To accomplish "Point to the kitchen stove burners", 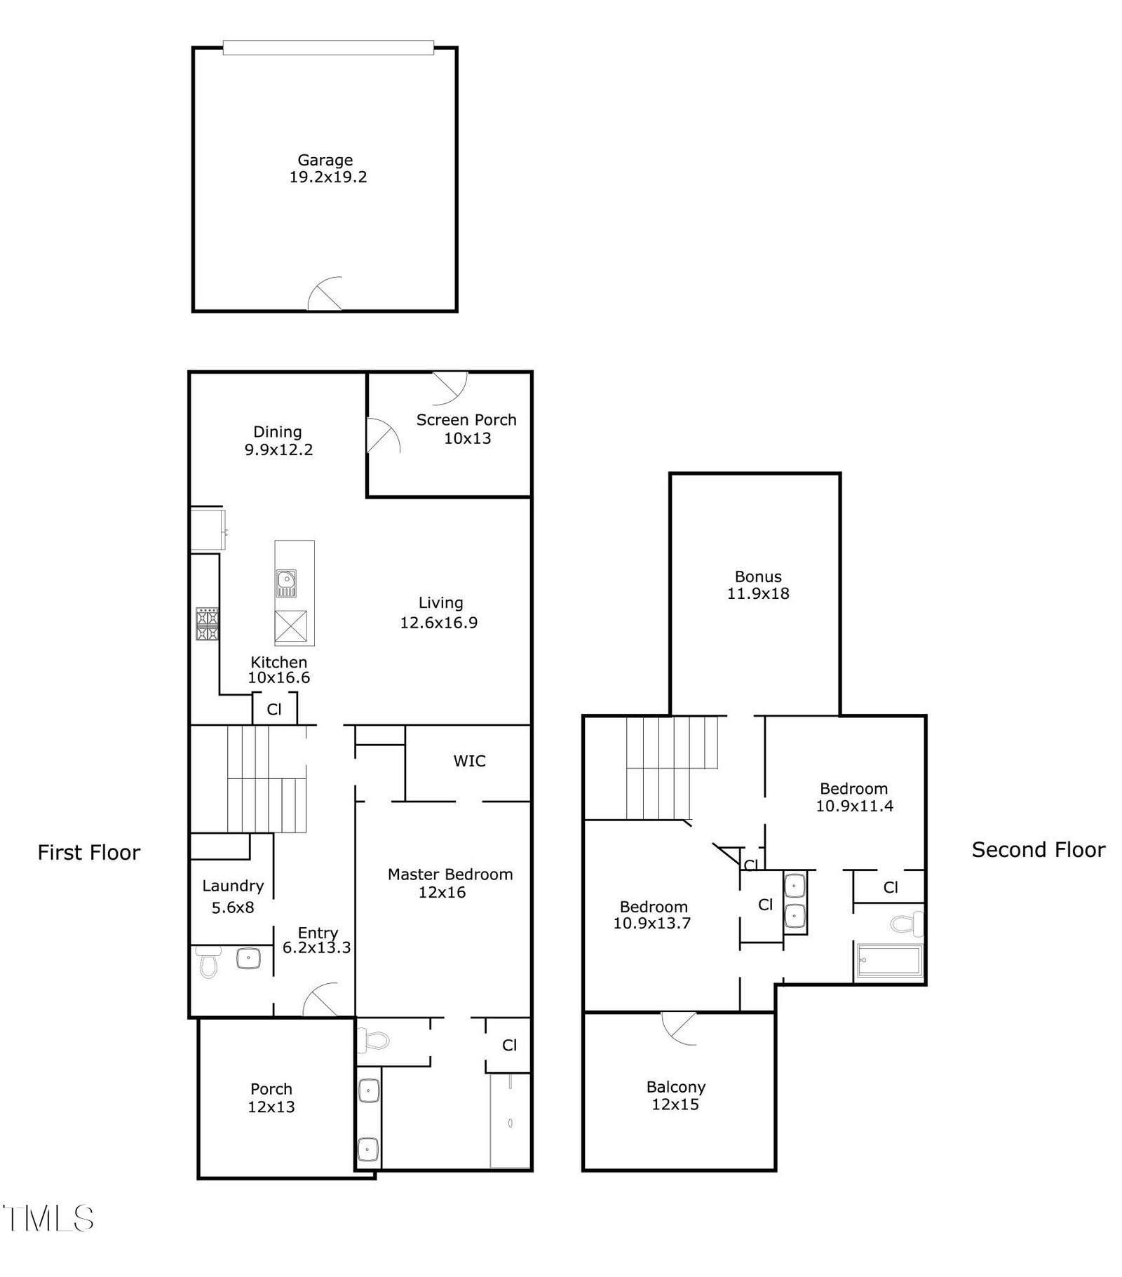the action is point(207,624).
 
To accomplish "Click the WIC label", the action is point(469,761).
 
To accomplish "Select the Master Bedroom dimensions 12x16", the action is point(442,893).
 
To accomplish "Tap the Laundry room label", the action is point(233,886).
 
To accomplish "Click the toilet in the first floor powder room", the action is point(208,961).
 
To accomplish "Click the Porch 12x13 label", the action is point(271,1098).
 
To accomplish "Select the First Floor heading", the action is point(89,853).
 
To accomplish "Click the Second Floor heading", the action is point(1039,850).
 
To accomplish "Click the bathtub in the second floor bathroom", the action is point(889,961).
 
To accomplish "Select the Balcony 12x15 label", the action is point(676,1096).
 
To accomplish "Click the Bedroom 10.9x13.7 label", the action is point(653,915).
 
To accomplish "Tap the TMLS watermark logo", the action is point(48,1219).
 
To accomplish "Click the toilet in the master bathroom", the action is point(372,1040).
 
